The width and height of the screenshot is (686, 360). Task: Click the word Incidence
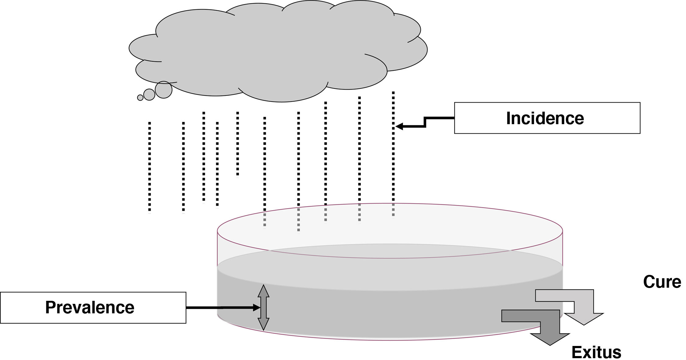[545, 118]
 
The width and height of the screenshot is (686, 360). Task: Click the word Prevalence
[90, 307]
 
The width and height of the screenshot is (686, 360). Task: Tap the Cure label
[662, 282]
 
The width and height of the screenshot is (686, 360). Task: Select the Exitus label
[596, 352]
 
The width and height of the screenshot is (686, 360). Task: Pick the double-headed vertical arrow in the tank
[263, 308]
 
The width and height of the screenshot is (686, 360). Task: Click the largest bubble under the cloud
[164, 90]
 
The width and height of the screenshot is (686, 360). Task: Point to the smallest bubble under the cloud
[140, 98]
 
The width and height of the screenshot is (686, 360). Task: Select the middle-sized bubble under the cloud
[149, 95]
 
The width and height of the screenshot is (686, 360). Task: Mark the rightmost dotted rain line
[393, 153]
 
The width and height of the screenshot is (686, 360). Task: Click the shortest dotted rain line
[238, 143]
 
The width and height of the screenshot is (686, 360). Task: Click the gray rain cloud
[274, 52]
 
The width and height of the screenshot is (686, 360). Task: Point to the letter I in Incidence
[509, 118]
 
